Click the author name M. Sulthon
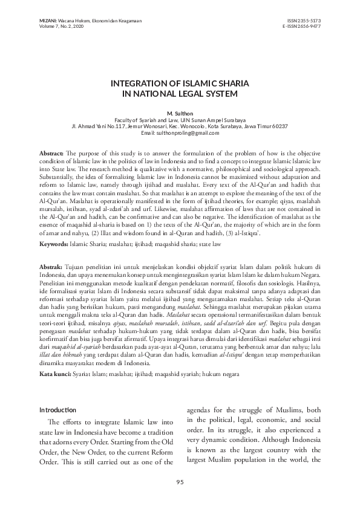[x=180, y=114]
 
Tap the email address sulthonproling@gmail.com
[x=189, y=132]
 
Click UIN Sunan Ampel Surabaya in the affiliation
[x=216, y=120]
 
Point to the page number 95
[x=180, y=481]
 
